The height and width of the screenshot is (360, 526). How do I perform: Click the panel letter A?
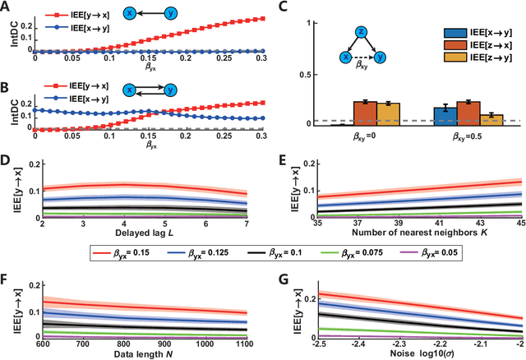(7, 7)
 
